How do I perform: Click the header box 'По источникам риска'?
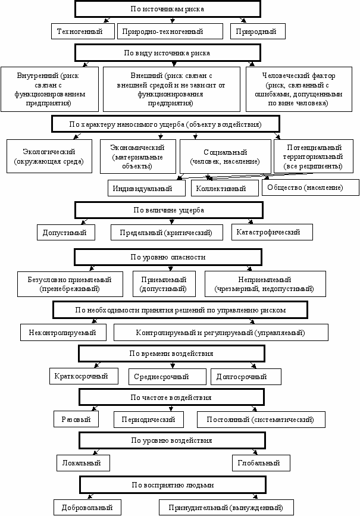coord(167,9)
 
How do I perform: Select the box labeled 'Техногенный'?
coord(83,32)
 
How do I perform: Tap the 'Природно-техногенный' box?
coord(170,32)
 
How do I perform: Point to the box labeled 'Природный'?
coord(258,32)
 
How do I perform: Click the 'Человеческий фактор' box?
coord(299,89)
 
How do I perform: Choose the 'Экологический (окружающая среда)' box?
coord(49,157)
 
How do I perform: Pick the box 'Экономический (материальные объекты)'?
coord(138,157)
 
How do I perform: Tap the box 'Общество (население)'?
coord(310,187)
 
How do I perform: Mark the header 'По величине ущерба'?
coord(169,210)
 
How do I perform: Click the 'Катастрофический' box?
coord(272,232)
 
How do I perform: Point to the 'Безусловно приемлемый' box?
coord(70,284)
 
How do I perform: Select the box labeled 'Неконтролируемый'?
coord(63,332)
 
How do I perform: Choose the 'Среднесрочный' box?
coord(167,377)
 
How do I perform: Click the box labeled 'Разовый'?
coord(76,419)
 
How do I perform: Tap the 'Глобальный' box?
coord(261,462)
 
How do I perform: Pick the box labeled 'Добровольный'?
coord(87,508)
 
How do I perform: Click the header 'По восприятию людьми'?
coord(173,484)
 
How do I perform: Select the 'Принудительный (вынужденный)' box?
coord(226,508)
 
